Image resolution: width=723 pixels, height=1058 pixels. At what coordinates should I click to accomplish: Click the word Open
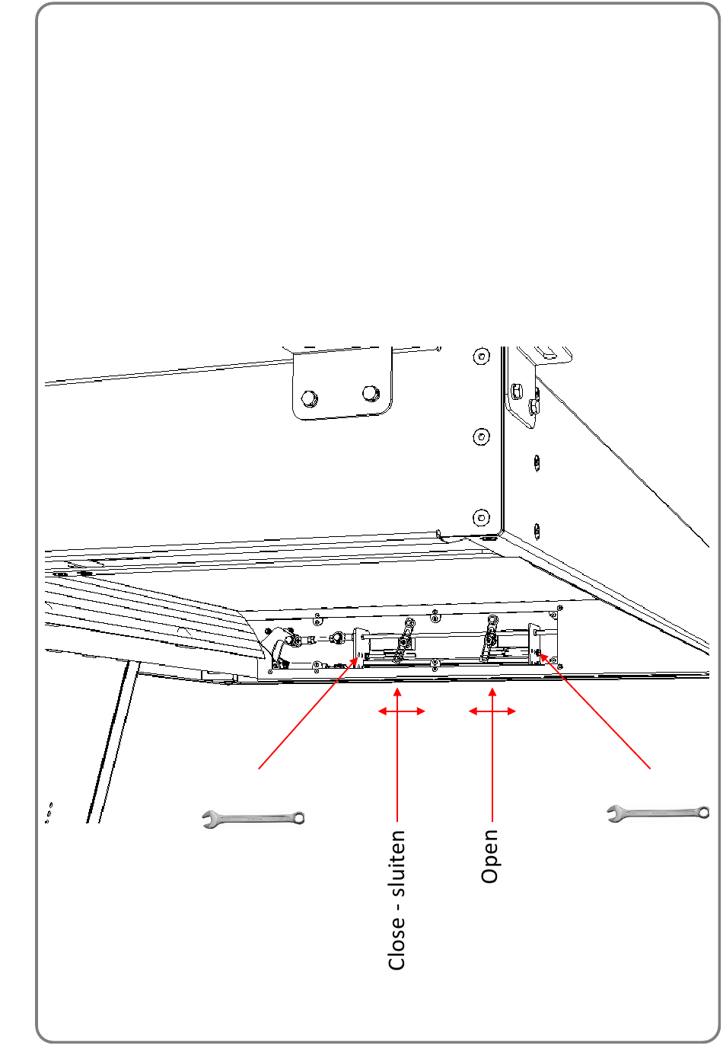pyautogui.click(x=489, y=856)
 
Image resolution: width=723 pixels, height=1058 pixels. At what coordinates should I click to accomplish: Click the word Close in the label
pyautogui.click(x=397, y=944)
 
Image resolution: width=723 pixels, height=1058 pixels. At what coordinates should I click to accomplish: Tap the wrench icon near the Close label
pyautogui.click(x=253, y=819)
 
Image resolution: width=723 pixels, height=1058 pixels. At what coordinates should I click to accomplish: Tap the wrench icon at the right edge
pyautogui.click(x=658, y=813)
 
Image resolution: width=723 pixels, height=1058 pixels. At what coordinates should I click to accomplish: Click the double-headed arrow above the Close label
pyautogui.click(x=402, y=711)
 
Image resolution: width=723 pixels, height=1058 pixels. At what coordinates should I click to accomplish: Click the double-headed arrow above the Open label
pyautogui.click(x=492, y=711)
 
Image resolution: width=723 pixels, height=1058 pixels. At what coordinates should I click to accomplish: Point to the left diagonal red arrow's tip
pyautogui.click(x=358, y=655)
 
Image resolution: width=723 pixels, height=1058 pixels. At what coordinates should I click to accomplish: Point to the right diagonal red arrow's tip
pyautogui.click(x=540, y=654)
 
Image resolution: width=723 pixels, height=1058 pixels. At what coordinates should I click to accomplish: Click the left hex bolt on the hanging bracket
pyautogui.click(x=309, y=398)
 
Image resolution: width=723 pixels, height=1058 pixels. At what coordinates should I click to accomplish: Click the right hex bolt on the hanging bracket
pyautogui.click(x=371, y=393)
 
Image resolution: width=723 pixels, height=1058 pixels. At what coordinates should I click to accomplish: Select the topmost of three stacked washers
pyautogui.click(x=481, y=356)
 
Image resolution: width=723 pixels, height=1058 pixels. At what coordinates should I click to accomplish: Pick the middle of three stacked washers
pyautogui.click(x=481, y=437)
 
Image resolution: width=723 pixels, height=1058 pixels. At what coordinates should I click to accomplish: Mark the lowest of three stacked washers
pyautogui.click(x=481, y=517)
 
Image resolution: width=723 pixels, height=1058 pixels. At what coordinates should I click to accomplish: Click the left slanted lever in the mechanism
pyautogui.click(x=404, y=641)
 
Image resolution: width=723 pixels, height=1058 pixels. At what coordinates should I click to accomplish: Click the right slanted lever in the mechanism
pyautogui.click(x=489, y=638)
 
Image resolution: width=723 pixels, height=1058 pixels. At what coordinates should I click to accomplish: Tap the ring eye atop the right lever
pyautogui.click(x=492, y=619)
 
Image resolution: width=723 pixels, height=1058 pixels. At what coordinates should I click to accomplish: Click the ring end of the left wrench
pyautogui.click(x=299, y=817)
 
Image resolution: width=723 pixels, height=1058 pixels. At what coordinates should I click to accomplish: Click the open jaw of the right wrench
pyautogui.click(x=614, y=813)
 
